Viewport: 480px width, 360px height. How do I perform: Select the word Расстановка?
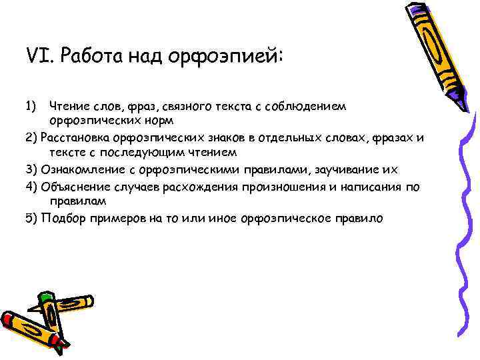point(75,138)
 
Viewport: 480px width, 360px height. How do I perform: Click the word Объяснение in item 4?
point(71,186)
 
